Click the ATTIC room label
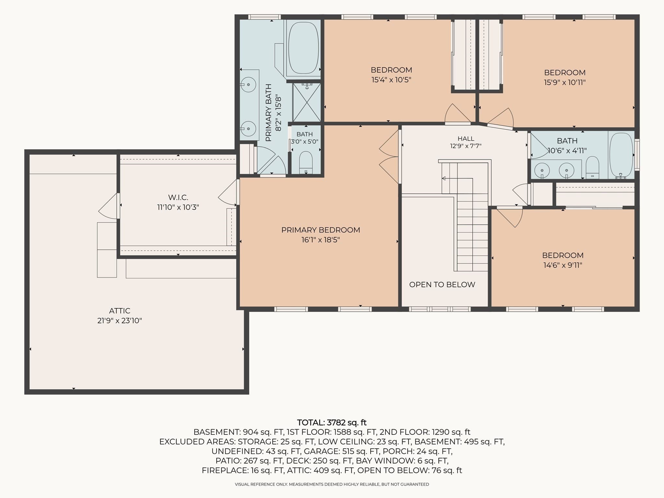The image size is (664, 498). click(120, 311)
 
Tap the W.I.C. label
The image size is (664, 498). click(178, 197)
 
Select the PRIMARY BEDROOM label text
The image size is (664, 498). click(321, 230)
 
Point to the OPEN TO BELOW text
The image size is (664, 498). click(442, 284)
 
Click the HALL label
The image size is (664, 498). click(466, 139)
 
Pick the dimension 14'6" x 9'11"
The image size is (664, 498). click(563, 265)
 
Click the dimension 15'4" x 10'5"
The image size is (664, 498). click(391, 79)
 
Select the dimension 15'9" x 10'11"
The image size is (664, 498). click(565, 82)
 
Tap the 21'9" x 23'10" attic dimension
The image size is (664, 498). click(120, 321)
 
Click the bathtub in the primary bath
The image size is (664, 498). click(303, 48)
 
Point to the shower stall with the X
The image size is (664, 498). click(307, 102)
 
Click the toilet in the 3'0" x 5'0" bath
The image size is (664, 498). click(306, 162)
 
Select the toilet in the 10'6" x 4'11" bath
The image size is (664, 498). click(592, 168)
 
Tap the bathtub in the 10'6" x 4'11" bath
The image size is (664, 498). click(621, 155)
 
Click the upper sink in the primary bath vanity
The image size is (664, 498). click(248, 85)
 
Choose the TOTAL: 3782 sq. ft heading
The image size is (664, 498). click(332, 422)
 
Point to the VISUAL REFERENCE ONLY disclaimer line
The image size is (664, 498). click(332, 484)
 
